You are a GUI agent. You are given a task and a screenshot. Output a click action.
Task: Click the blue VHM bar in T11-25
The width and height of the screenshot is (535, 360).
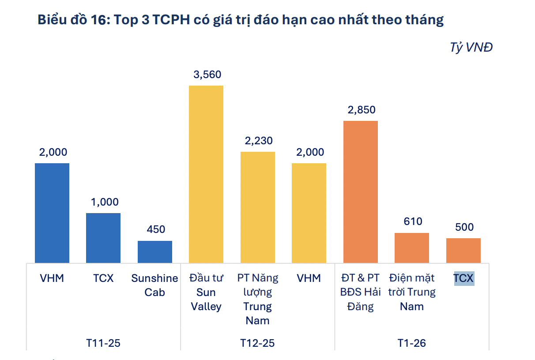click(52, 213)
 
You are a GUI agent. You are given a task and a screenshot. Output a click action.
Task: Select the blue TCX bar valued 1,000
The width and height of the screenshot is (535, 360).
click(103, 238)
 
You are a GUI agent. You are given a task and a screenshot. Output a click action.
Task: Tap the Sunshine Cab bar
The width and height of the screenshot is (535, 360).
click(155, 252)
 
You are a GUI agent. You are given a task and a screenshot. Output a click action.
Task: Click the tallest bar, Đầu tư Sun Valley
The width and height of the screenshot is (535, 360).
click(206, 174)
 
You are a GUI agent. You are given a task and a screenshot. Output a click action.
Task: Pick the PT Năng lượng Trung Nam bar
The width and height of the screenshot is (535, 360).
click(258, 207)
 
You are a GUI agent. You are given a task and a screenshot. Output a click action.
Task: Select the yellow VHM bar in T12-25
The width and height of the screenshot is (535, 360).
click(309, 213)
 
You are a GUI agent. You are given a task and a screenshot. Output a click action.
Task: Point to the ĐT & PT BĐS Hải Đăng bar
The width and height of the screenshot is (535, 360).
click(361, 192)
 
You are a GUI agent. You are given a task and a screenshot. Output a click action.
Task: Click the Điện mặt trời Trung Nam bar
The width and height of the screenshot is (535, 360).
click(412, 248)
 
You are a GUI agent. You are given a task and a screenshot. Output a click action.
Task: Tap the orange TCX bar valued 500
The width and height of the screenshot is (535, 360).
click(463, 251)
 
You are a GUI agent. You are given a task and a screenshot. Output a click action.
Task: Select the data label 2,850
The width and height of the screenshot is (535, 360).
click(362, 110)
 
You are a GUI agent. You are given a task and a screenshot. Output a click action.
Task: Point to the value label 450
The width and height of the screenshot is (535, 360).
click(156, 229)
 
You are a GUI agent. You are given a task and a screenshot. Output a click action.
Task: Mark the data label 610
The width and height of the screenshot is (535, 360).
click(413, 221)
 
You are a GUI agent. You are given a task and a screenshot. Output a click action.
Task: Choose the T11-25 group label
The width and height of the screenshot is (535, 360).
click(103, 343)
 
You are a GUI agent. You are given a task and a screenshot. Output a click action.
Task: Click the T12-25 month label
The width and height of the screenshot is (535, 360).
click(257, 343)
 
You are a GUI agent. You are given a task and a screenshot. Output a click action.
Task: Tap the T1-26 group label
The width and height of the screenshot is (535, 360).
click(411, 343)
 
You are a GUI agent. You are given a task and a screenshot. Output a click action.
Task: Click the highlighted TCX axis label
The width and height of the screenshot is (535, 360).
click(464, 278)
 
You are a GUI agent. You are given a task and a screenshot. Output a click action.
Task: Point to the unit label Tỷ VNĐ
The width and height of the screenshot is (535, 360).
click(471, 47)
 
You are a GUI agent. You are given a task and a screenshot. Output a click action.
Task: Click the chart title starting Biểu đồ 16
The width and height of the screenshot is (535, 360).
click(241, 20)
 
